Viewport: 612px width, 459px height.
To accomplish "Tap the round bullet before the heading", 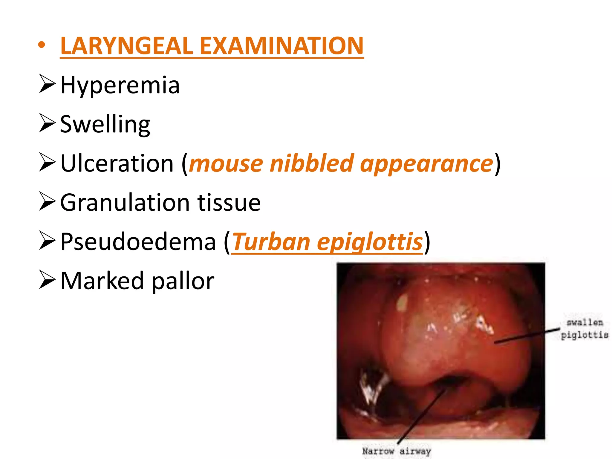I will click(x=42, y=45).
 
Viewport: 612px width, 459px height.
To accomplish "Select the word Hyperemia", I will click(x=120, y=85).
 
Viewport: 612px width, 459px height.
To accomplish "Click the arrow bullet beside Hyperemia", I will click(x=47, y=84).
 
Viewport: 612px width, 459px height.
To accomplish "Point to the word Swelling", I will click(x=105, y=124).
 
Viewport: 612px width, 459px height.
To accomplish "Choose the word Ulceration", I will click(x=117, y=163).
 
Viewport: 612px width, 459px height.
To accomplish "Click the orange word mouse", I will click(x=226, y=164).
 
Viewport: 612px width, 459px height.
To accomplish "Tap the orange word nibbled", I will click(x=311, y=163).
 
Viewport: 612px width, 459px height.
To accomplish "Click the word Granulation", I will click(x=125, y=203).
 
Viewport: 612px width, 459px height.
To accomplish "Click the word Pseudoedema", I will click(x=138, y=241).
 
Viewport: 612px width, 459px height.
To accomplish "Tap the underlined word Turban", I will click(x=271, y=241).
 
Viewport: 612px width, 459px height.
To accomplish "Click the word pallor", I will click(x=183, y=281).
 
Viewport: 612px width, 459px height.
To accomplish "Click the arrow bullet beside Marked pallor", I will click(x=47, y=280).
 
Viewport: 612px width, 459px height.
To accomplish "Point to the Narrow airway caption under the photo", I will click(x=397, y=451).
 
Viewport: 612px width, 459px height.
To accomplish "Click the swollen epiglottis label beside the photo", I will click(x=584, y=329).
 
